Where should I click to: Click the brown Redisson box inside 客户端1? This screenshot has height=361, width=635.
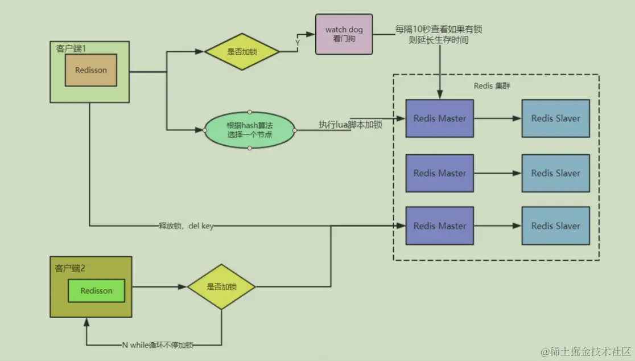click(x=91, y=70)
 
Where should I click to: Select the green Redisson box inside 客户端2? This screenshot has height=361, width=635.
click(x=96, y=290)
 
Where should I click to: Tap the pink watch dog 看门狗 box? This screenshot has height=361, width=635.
click(x=344, y=34)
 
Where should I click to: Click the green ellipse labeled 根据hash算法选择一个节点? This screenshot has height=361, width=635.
click(x=250, y=130)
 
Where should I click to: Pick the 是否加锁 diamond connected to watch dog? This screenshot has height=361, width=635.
click(x=242, y=51)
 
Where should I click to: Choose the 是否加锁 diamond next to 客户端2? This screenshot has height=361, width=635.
click(x=221, y=287)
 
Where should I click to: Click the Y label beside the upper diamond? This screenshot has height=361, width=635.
click(x=298, y=42)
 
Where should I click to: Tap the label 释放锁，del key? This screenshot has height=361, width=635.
click(x=186, y=226)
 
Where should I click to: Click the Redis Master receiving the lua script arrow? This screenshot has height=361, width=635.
click(x=439, y=118)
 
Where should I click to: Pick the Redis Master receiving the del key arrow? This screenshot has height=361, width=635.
click(x=439, y=225)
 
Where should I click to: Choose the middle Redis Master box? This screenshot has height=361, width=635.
click(x=439, y=173)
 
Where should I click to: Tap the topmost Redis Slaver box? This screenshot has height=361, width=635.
click(x=555, y=118)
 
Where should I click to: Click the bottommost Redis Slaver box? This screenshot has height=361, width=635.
click(x=555, y=225)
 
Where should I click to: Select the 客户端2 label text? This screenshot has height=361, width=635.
click(x=70, y=267)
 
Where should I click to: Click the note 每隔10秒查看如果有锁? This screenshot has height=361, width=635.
click(x=439, y=29)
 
